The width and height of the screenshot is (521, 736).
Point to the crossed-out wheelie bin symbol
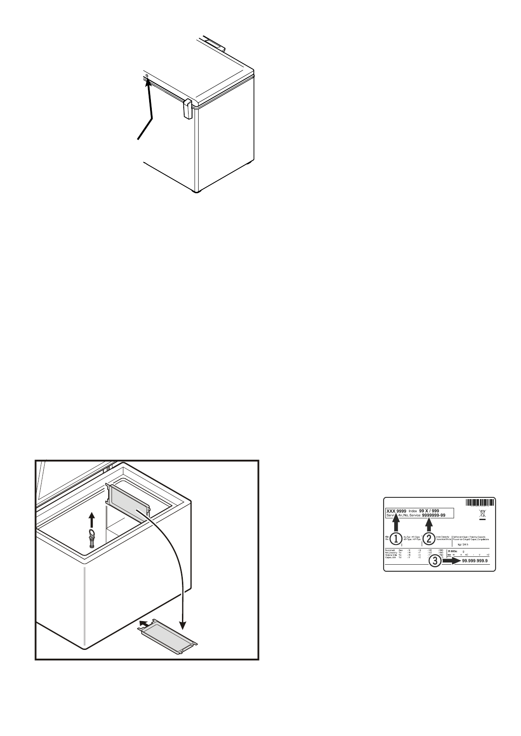point(483,515)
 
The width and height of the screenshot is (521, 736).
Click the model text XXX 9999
point(396,510)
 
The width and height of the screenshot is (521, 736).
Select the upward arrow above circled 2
point(429,524)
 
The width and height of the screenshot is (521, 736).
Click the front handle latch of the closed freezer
point(187,108)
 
